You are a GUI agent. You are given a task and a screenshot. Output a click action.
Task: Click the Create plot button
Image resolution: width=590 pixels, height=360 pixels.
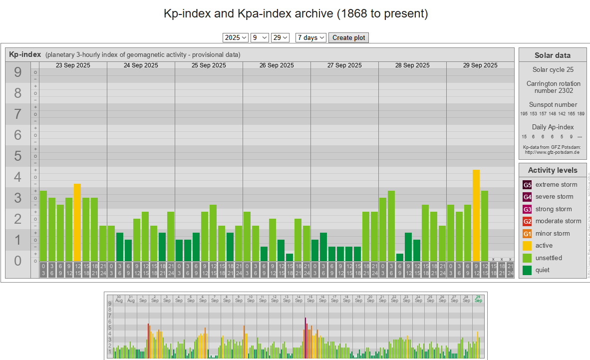click(348, 38)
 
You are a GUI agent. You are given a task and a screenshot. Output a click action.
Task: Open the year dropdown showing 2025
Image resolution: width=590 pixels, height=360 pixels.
click(236, 38)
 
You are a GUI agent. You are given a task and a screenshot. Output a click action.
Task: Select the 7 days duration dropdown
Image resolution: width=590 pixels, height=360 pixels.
click(310, 38)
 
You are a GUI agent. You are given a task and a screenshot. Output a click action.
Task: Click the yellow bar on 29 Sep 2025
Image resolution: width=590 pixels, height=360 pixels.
click(476, 215)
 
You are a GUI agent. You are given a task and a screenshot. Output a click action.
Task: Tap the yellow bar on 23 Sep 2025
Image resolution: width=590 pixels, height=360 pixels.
click(77, 222)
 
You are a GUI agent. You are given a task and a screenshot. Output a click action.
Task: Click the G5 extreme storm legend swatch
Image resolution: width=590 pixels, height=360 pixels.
click(527, 185)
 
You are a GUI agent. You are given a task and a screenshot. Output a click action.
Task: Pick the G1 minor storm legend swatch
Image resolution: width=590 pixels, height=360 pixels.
click(527, 234)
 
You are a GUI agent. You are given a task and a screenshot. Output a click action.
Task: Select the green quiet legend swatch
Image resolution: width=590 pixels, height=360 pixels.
click(527, 270)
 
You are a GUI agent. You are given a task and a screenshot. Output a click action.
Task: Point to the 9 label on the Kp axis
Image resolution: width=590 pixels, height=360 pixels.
click(18, 73)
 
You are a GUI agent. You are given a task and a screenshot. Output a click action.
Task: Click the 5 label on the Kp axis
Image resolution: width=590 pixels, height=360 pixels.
click(18, 156)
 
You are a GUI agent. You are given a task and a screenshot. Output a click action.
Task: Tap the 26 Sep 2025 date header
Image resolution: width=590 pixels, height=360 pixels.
click(277, 65)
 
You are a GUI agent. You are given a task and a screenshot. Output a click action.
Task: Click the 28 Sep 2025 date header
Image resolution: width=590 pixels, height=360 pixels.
click(412, 65)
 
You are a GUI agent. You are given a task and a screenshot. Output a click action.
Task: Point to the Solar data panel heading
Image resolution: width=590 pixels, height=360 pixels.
click(552, 55)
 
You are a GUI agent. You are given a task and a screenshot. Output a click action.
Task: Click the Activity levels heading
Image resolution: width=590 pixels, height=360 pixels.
click(552, 170)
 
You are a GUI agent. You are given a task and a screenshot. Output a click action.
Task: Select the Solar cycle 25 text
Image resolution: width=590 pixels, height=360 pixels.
click(553, 70)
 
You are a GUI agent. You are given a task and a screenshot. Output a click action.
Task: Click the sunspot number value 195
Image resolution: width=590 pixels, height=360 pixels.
click(524, 114)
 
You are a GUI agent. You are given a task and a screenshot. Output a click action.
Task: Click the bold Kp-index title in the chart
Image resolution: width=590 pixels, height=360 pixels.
click(25, 54)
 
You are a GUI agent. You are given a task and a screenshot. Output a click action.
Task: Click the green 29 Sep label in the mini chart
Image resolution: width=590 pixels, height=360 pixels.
click(478, 299)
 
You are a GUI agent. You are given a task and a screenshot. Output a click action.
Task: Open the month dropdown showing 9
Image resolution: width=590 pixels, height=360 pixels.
click(260, 38)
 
